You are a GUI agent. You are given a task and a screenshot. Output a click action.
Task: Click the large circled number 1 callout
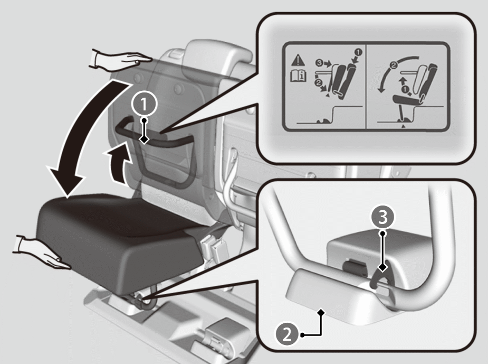(x=144, y=104)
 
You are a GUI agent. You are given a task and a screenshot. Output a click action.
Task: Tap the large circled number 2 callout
(x=286, y=334)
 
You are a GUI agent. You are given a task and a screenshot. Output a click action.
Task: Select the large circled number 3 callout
(x=382, y=217)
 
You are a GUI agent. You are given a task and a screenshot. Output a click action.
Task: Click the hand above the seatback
(x=120, y=60)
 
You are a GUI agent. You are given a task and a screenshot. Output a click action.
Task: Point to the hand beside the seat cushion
(x=42, y=253)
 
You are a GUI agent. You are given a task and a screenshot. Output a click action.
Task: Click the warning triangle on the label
(x=298, y=60)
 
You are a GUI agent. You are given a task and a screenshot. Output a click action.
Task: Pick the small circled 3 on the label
(x=319, y=63)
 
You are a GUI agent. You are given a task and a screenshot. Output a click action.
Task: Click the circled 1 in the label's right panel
(x=406, y=90)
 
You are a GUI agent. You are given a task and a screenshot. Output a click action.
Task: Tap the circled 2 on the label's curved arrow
(x=394, y=66)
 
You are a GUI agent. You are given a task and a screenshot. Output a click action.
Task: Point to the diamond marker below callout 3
(x=382, y=267)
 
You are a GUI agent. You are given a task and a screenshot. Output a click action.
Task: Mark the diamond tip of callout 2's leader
(x=321, y=312)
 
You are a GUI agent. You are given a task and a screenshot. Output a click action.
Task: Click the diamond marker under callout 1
(x=144, y=140)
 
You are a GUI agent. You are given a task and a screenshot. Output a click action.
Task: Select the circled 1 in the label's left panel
(x=358, y=52)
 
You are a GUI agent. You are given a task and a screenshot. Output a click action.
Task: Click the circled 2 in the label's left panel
(x=318, y=82)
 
